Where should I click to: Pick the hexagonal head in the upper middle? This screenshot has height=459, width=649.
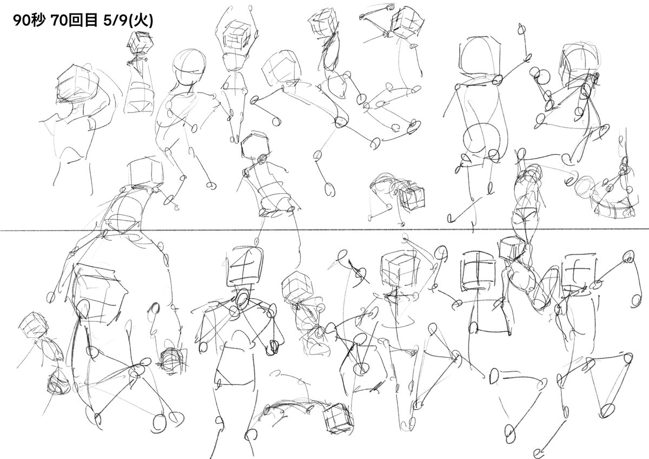coord(255,145)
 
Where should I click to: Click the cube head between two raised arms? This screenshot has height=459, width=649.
coord(236,36)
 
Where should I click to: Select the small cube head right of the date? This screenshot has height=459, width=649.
coord(140,42)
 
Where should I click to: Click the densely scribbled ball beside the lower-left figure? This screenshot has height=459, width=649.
coord(171,360)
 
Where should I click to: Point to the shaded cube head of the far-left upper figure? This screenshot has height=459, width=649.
coord(76,84)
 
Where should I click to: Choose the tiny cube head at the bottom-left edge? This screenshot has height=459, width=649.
coord(34,326)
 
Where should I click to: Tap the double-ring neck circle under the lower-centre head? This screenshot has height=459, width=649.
coord(242,300)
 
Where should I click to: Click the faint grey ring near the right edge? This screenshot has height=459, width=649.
coord(585,185)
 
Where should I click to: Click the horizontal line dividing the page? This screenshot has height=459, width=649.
coord(325,230)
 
